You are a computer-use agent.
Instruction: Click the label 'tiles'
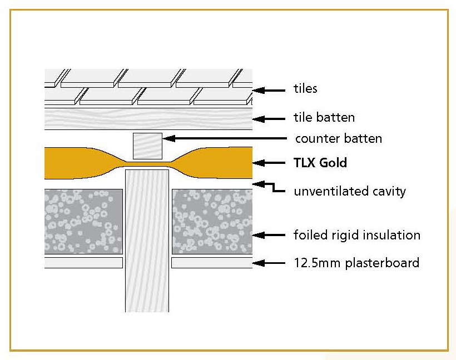(305, 88)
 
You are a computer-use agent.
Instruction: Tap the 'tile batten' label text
(324, 117)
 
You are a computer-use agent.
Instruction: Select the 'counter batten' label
(338, 138)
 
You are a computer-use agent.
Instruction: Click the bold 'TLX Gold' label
(320, 163)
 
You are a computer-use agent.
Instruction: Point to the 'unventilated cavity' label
(349, 191)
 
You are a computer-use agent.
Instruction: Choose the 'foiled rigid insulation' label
(356, 235)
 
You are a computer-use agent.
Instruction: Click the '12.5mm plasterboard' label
(356, 262)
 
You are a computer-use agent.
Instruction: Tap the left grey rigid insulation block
(83, 220)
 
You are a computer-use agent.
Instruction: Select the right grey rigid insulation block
(212, 220)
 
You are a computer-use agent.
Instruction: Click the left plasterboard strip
(83, 263)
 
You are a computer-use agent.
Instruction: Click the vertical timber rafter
(147, 239)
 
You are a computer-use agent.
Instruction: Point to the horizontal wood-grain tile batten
(147, 118)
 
